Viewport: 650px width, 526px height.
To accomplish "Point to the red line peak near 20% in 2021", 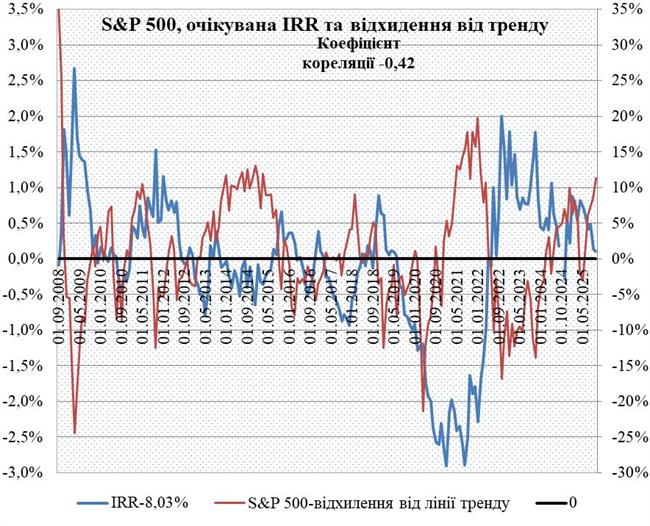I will pos(478,118).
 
